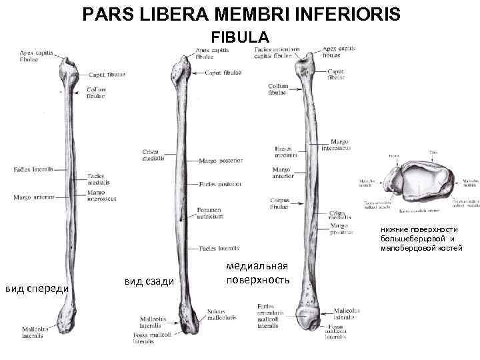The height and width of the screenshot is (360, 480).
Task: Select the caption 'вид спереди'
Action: coord(36,288)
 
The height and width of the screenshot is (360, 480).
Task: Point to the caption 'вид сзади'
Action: coord(149,282)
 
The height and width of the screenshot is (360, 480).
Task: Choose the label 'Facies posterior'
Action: coord(220,183)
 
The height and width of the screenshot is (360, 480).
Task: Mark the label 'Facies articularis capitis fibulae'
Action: coord(277,53)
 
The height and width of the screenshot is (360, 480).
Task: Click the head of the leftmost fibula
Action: coord(69,69)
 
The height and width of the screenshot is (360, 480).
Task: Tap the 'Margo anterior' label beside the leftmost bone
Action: coord(33,197)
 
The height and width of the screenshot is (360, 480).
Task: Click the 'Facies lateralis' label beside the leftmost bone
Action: coord(33,169)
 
